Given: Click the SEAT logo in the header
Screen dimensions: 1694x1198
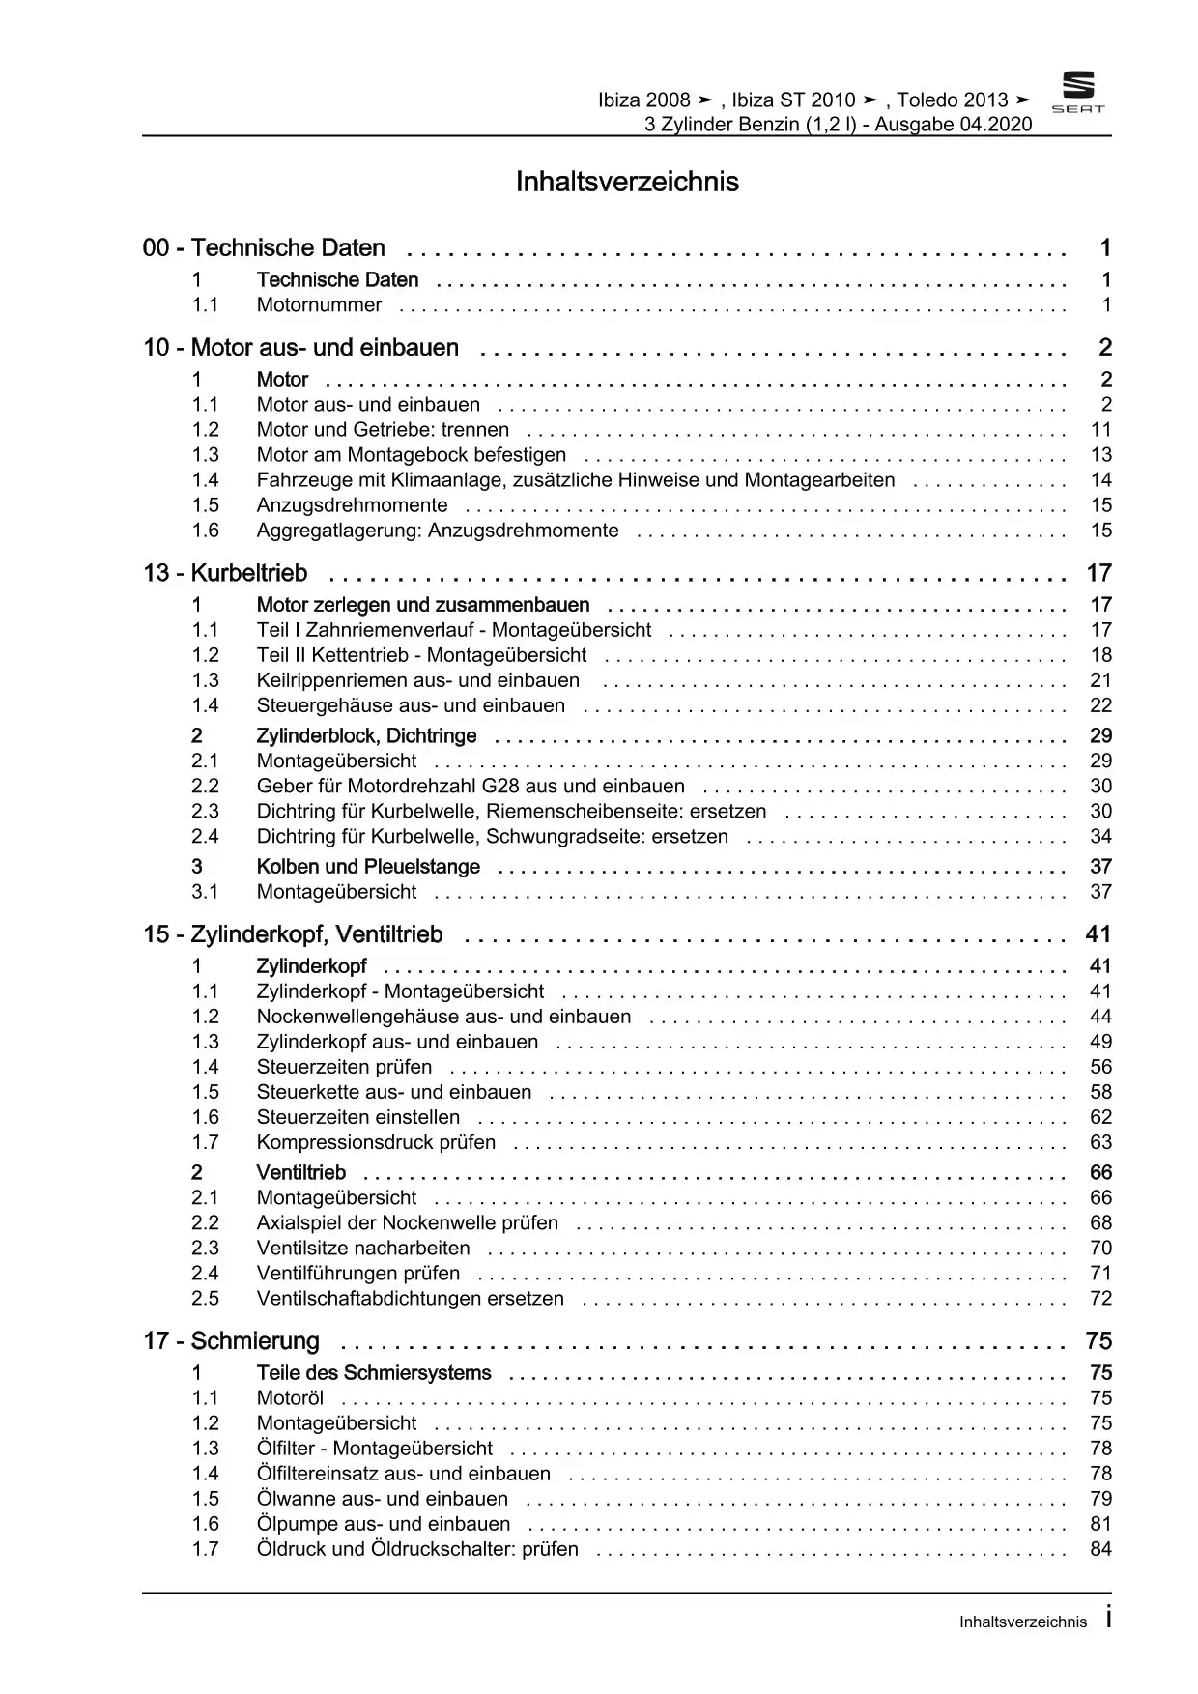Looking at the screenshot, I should (1077, 92).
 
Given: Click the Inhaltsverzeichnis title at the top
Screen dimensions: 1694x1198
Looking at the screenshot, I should (627, 182).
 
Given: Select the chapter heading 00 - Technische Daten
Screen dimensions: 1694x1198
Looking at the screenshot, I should (264, 248).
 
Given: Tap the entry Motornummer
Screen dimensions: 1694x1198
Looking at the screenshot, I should (319, 305).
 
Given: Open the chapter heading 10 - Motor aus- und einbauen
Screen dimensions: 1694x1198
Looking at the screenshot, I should (300, 348).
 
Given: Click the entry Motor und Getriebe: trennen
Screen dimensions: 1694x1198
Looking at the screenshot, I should (383, 430).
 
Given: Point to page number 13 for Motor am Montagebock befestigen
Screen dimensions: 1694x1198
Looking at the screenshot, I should (1100, 455).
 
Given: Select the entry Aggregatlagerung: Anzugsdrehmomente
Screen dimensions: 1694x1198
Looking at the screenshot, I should (437, 531).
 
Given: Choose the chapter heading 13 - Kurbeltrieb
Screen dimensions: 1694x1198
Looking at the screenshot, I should (225, 574).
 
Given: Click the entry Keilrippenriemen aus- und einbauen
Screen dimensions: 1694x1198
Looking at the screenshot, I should (417, 680).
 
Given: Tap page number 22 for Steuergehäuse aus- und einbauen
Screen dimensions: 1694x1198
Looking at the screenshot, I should (1100, 705).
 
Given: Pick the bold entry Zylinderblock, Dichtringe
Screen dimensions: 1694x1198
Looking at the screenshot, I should (366, 736).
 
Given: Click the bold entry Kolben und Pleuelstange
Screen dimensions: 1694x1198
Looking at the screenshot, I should (367, 867).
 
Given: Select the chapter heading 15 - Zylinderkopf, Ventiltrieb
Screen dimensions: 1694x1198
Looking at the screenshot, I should (293, 935).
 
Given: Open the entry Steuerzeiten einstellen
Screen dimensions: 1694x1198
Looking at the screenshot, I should (357, 1117).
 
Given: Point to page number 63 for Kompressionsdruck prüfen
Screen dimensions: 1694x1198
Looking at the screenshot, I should (1100, 1142).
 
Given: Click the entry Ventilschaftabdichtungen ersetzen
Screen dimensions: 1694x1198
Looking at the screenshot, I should (410, 1299).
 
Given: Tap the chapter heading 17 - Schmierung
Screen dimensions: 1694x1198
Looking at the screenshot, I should (231, 1341).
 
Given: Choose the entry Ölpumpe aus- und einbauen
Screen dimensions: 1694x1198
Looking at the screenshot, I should (383, 1524).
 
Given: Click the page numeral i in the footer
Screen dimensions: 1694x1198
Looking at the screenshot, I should (1107, 1619).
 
